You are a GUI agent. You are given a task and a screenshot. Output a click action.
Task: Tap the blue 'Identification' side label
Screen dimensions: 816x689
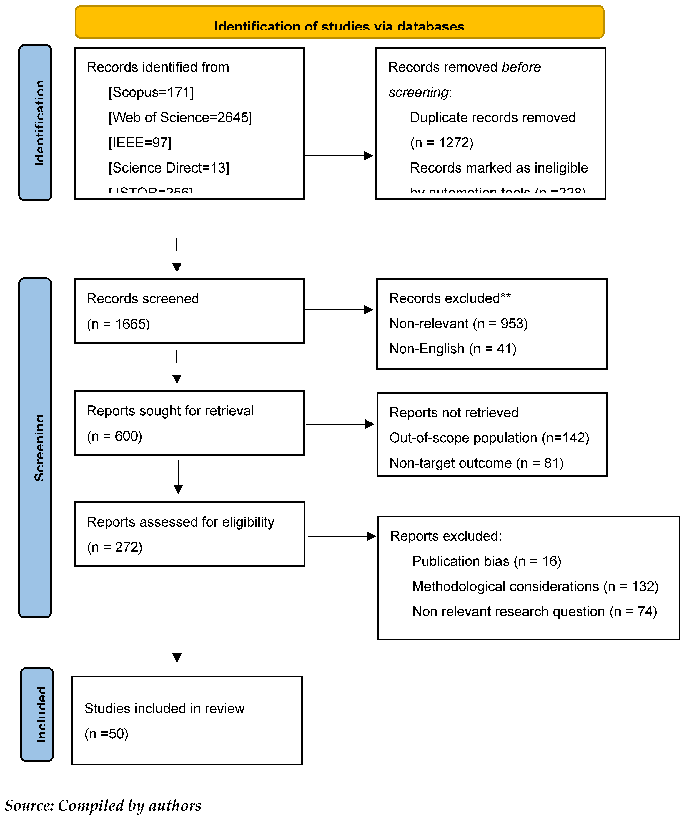coord(35,123)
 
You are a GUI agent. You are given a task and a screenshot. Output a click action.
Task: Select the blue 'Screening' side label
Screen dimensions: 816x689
coord(35,447)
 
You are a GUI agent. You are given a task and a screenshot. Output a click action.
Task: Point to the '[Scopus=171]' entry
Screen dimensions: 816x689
coord(151,92)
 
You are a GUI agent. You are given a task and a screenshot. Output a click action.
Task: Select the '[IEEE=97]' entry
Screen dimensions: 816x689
coord(140,143)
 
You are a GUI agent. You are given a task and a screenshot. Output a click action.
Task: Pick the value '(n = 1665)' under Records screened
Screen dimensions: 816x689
coord(118,324)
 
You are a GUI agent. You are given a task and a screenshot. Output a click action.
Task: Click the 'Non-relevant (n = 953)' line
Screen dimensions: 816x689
coord(459,324)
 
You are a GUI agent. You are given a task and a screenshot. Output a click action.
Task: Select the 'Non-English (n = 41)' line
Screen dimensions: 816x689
coord(453,349)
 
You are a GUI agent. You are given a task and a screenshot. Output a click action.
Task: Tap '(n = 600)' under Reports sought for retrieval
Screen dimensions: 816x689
coord(114,436)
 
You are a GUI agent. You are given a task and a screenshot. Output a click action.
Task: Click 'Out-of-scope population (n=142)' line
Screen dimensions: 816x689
coord(489,438)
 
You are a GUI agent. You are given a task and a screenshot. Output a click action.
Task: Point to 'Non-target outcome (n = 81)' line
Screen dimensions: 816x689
coord(477,463)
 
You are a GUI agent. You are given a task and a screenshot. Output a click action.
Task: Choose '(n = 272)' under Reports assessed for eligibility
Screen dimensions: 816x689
coord(114,547)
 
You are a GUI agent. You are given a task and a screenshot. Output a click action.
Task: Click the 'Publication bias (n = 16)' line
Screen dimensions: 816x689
coord(487,561)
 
